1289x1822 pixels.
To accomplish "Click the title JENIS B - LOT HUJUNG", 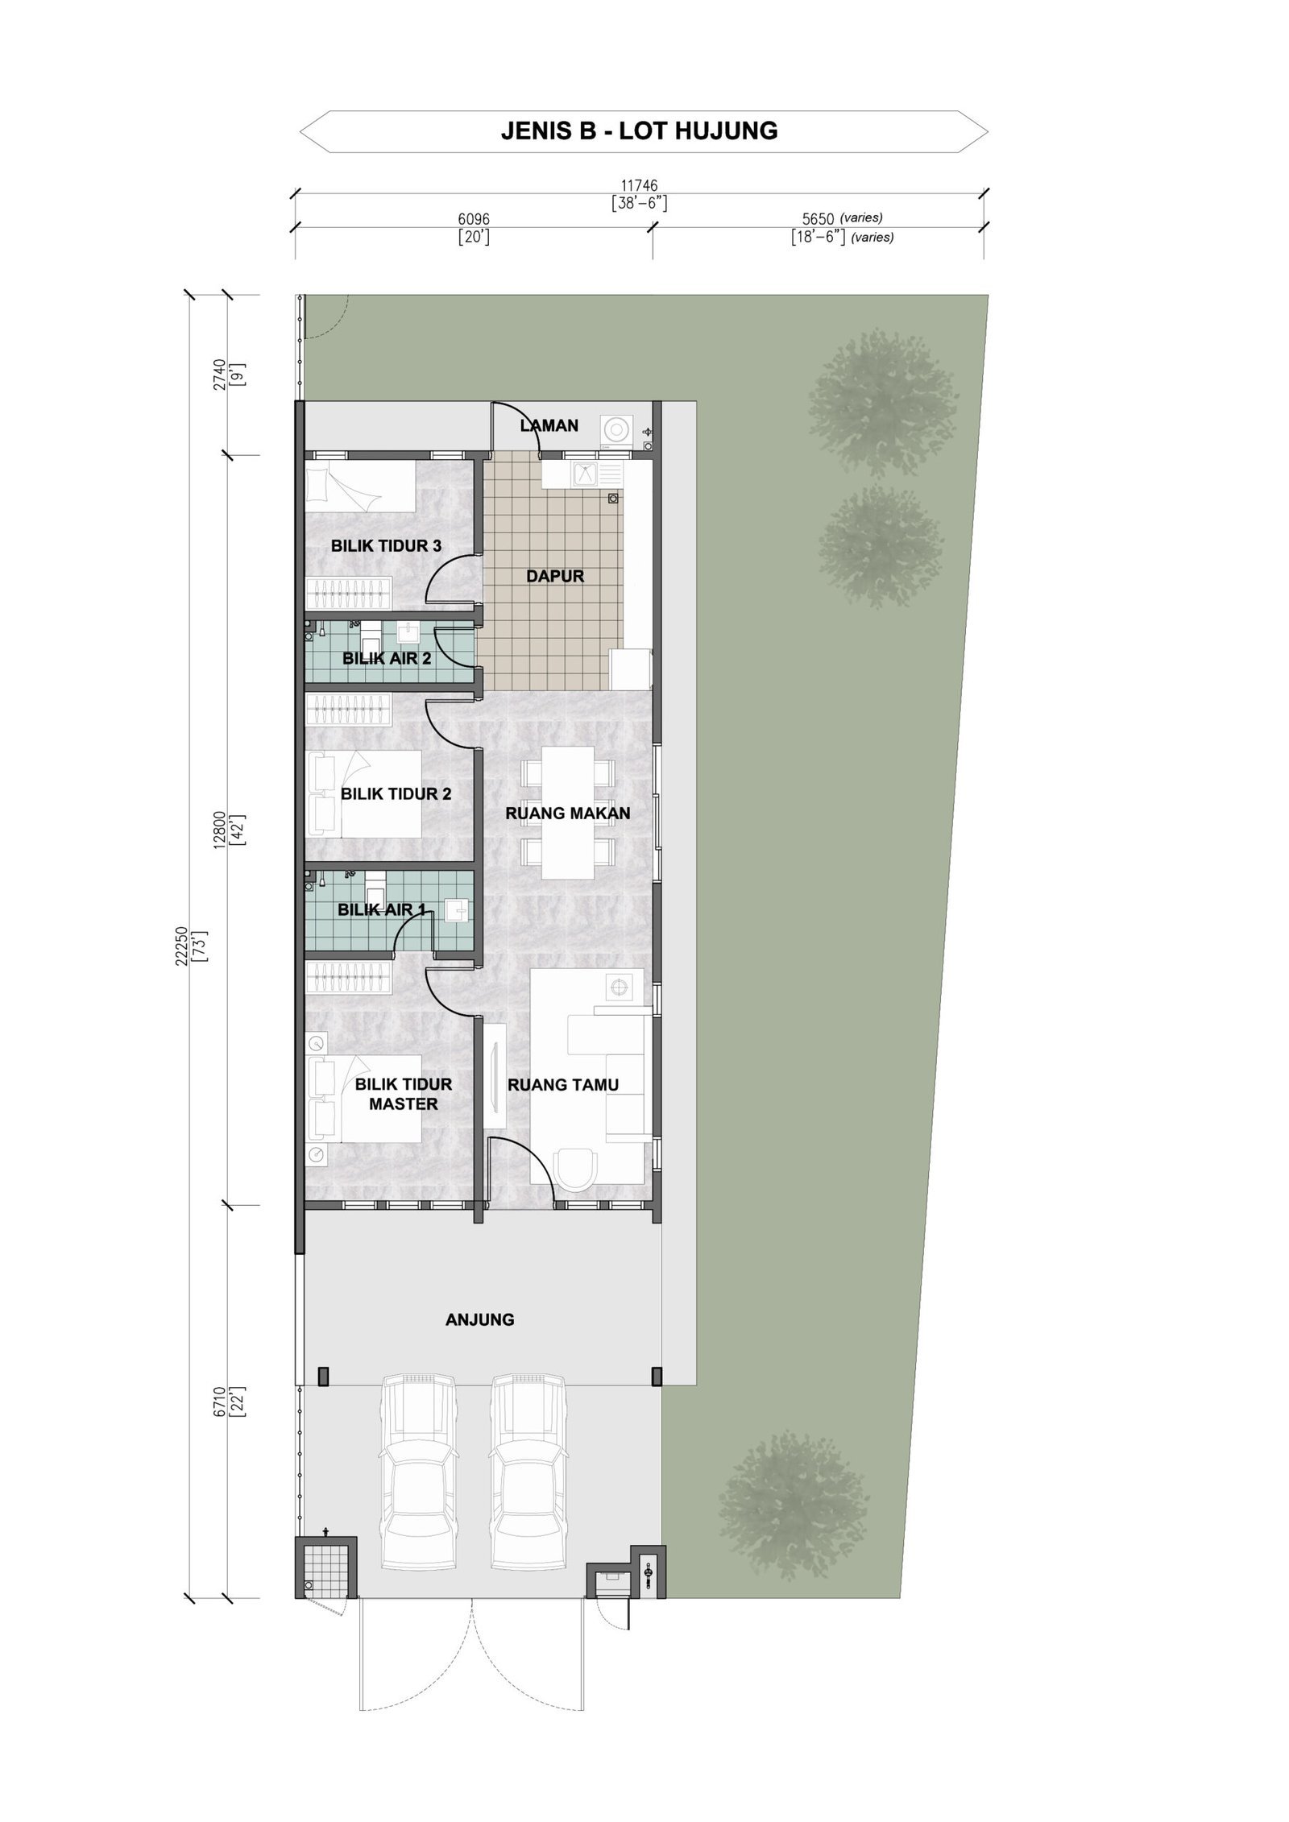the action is [639, 130].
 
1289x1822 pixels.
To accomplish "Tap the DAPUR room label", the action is [554, 576].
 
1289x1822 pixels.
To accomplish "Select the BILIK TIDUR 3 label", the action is [386, 546].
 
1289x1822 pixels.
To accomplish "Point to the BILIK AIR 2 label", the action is [387, 658].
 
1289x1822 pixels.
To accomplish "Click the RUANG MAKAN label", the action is [567, 814].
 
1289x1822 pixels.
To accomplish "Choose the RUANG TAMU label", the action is [563, 1085].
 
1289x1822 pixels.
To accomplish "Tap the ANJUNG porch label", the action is [479, 1319].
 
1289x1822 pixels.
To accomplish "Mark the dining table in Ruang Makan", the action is [567, 814].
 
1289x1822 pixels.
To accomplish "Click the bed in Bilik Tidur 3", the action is [359, 486].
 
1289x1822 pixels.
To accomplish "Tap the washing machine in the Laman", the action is [618, 430].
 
